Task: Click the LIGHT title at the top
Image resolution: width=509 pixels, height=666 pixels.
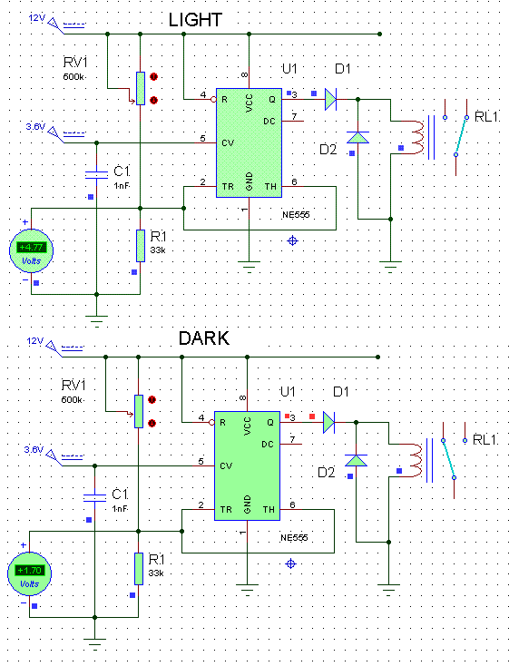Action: click(195, 20)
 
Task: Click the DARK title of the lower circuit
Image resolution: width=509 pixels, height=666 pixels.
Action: click(204, 338)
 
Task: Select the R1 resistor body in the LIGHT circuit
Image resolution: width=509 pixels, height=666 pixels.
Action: click(141, 246)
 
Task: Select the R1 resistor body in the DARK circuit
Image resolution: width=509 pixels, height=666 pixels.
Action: click(139, 569)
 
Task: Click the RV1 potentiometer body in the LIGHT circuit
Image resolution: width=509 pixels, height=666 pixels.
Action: click(141, 88)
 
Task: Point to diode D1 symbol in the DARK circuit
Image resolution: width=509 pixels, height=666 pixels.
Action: click(329, 423)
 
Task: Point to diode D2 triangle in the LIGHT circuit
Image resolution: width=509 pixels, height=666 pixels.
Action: click(357, 137)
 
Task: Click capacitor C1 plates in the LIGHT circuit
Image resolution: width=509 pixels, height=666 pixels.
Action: click(96, 175)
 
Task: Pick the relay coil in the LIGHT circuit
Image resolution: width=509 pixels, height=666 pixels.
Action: click(417, 137)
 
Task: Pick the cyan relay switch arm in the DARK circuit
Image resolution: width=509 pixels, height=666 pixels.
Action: click(448, 459)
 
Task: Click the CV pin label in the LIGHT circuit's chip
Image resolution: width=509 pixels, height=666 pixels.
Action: click(228, 143)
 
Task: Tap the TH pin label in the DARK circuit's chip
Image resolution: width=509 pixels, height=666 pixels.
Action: click(269, 509)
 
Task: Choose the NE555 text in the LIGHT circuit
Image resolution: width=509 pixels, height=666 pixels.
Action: click(296, 215)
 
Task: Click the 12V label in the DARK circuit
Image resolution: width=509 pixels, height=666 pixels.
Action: click(34, 341)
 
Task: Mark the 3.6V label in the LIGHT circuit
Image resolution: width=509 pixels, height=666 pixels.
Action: click(35, 126)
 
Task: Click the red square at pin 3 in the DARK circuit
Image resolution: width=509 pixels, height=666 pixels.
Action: click(312, 416)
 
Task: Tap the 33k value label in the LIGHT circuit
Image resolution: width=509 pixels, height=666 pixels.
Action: click(158, 250)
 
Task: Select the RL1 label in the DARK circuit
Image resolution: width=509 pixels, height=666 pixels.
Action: click(485, 440)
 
